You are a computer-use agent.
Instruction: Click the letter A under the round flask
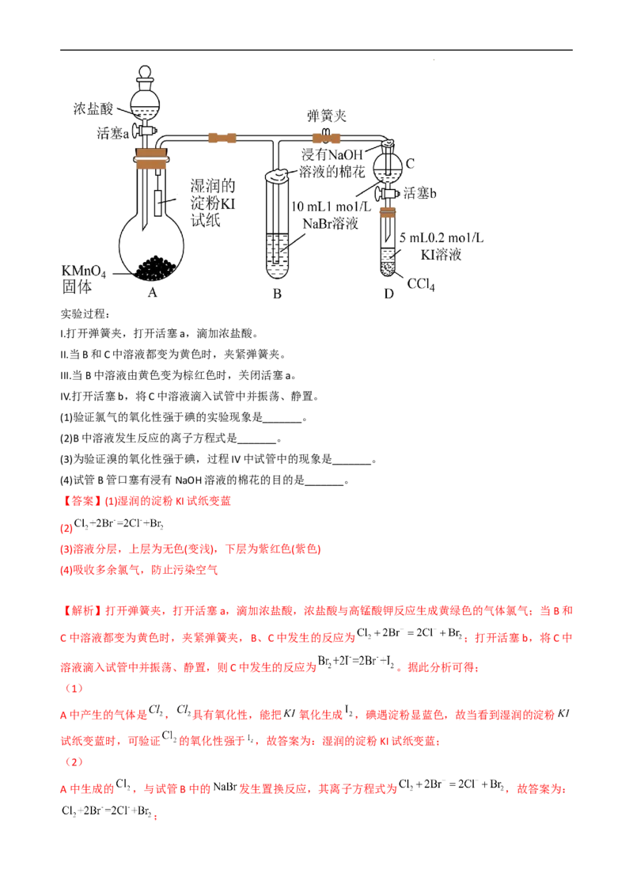click(153, 291)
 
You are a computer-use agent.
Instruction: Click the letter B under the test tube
click(277, 294)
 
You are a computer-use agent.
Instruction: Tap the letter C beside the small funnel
click(411, 163)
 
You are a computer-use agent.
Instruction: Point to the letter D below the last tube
click(389, 293)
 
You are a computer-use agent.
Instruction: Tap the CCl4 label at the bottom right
click(421, 284)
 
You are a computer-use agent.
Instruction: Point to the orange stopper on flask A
click(152, 158)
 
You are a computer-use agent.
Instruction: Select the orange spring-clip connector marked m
click(325, 138)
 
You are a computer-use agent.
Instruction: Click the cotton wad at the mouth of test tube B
click(278, 174)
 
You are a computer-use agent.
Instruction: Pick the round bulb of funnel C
click(389, 164)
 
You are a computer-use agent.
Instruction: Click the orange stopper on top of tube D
click(389, 211)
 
